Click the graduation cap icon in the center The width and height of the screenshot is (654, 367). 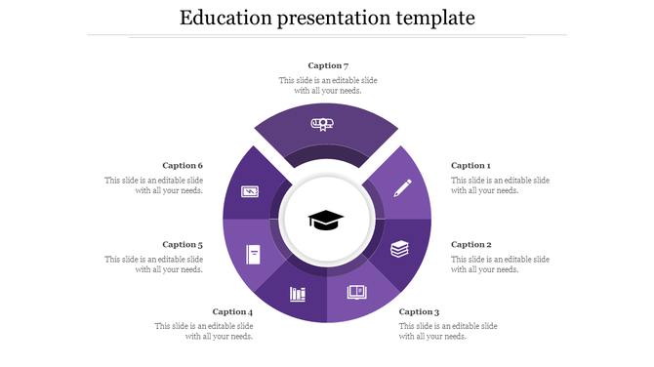click(326, 220)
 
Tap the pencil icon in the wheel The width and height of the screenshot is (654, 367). click(402, 186)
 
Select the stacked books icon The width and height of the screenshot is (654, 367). click(399, 249)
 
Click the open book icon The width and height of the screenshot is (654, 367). click(356, 292)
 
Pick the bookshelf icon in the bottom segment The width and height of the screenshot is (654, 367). click(298, 294)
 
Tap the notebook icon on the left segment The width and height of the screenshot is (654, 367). click(254, 255)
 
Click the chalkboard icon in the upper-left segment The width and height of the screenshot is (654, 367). click(250, 191)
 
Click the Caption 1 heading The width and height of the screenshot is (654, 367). click(470, 166)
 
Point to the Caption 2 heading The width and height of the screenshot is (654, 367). click(470, 245)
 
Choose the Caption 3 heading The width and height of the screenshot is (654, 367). click(420, 312)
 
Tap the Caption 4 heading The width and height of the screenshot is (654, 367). click(232, 312)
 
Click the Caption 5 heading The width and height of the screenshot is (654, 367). click(183, 245)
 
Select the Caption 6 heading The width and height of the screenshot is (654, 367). click(183, 166)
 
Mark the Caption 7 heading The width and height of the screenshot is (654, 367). click(328, 65)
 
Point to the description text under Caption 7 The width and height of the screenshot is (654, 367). click(328, 85)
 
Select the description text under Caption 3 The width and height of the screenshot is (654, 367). click(448, 331)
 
